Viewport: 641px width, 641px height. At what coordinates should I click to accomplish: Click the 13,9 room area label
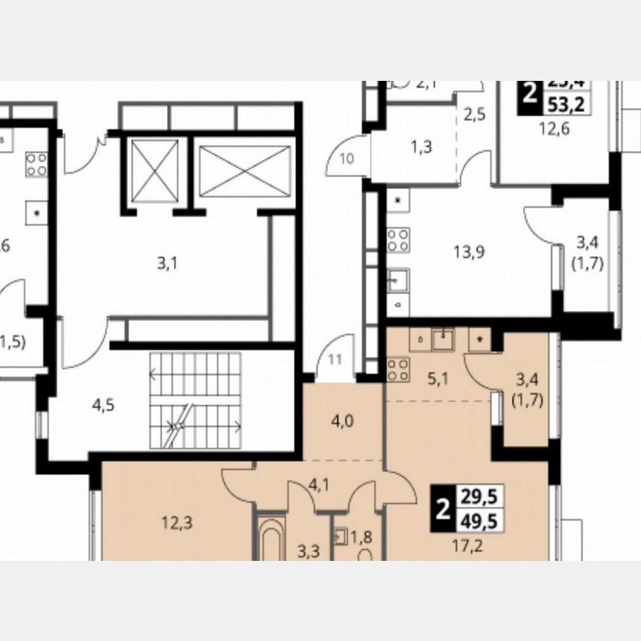(x=469, y=252)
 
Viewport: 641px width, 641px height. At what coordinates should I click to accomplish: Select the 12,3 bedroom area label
(x=177, y=523)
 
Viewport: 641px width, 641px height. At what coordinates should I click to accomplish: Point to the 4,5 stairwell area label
(x=103, y=405)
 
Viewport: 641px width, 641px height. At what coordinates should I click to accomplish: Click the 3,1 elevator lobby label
(x=168, y=262)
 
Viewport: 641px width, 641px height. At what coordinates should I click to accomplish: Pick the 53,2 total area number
(x=567, y=105)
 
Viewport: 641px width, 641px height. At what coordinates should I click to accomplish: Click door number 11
(x=335, y=361)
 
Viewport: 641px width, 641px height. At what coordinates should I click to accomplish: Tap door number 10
(x=348, y=158)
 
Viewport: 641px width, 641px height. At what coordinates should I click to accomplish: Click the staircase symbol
(x=197, y=401)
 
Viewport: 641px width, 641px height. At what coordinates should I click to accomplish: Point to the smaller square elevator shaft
(x=154, y=170)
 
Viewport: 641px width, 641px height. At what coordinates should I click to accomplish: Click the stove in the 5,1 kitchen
(x=398, y=369)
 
